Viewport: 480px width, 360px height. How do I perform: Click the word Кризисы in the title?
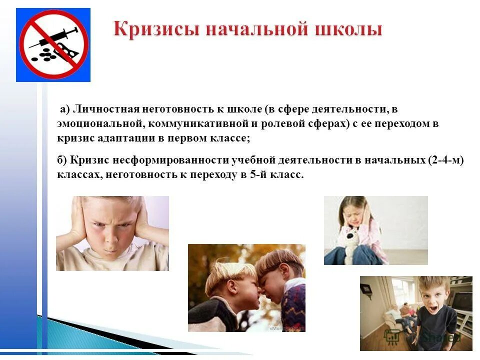tap(149, 29)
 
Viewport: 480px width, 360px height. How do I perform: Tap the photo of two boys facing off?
tap(246, 287)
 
